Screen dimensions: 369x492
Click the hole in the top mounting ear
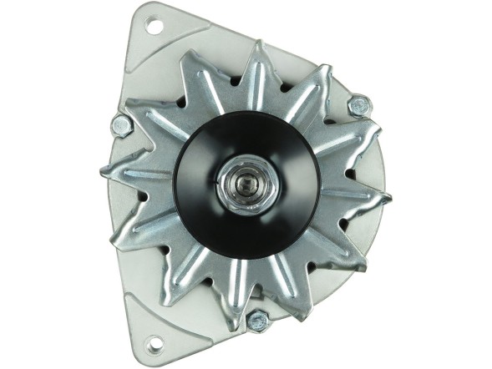(154, 26)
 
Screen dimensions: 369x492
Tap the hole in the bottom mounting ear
(154, 341)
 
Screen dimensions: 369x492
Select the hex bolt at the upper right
(358, 105)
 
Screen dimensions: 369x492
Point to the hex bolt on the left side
(122, 125)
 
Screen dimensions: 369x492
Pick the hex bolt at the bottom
(257, 319)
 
